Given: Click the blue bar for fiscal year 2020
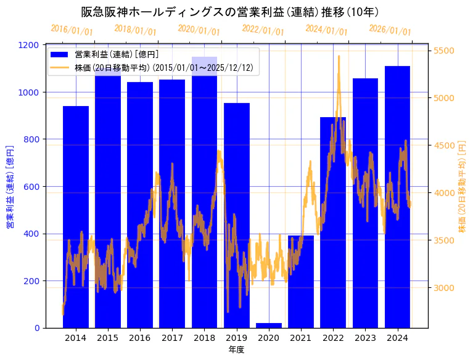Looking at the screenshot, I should [269, 325].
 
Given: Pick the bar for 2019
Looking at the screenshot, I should [237, 216].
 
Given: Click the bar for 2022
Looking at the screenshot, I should [333, 223].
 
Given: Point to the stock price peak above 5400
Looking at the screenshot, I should [339, 57].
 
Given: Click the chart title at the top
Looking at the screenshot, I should [230, 12].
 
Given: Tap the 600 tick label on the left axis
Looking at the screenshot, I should [33, 187].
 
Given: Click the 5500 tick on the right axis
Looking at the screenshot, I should [445, 51].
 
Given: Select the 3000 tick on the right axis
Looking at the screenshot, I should [445, 288].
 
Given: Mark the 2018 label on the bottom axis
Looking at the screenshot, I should [204, 338].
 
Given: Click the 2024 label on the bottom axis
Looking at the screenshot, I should [397, 338].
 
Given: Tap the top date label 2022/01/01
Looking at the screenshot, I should [263, 30].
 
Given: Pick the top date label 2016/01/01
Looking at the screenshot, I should [72, 30].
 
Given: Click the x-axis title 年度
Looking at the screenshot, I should [236, 350].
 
